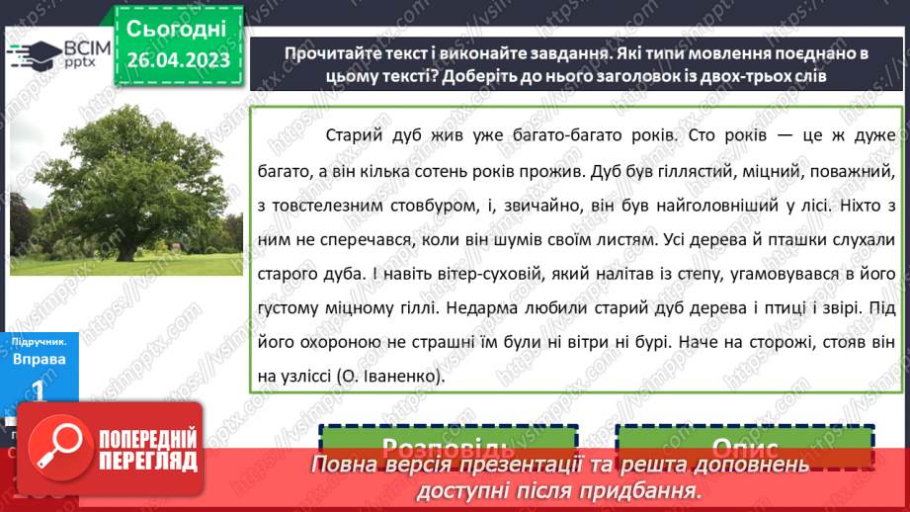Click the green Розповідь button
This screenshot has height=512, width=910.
pyautogui.click(x=448, y=448)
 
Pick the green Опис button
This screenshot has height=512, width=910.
pyautogui.click(x=744, y=448)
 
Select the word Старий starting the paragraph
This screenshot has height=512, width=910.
pyautogui.click(x=354, y=133)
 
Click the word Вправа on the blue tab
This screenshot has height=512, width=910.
pyautogui.click(x=41, y=359)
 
